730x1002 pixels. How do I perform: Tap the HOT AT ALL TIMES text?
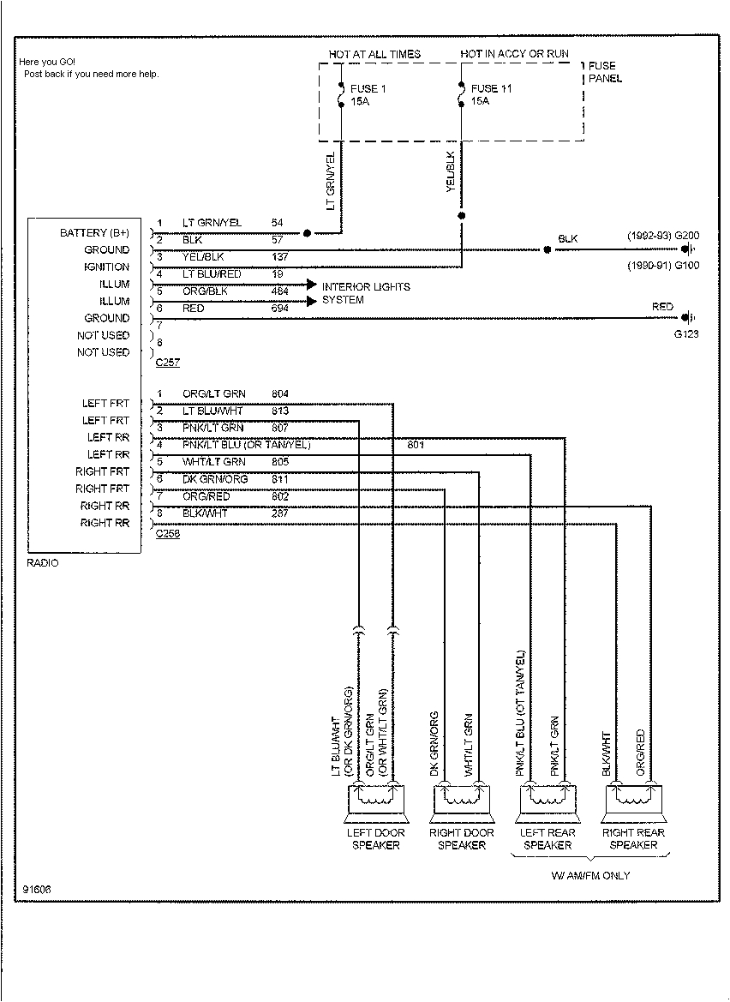tap(374, 54)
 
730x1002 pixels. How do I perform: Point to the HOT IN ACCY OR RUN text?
tap(514, 54)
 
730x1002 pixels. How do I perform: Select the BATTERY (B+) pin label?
tap(95, 233)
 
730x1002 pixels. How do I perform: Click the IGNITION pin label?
tap(106, 267)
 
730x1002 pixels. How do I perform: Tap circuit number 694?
tap(280, 308)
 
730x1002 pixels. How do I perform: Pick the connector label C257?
tap(167, 363)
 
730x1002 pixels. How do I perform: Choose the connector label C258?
tap(167, 532)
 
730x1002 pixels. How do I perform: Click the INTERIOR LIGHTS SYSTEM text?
tap(366, 293)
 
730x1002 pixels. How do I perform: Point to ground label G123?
tap(685, 333)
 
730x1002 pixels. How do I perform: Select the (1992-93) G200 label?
tap(662, 234)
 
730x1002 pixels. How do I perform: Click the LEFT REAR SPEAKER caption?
tap(547, 838)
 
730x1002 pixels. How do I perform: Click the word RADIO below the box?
tap(43, 563)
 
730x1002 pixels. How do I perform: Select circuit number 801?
tap(416, 445)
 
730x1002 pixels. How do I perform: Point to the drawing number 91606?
tap(38, 888)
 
